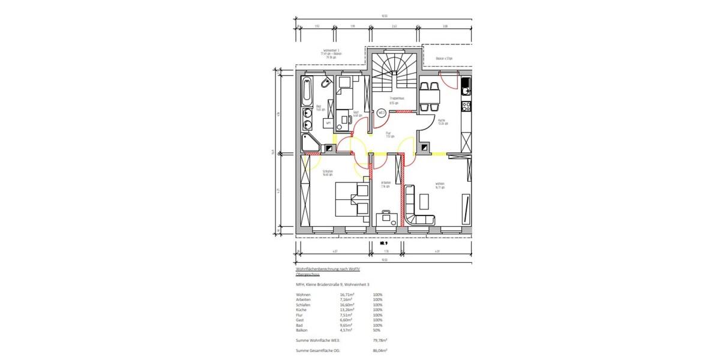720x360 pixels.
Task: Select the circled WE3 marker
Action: click(x=380, y=112)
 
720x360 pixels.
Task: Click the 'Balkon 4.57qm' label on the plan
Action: click(x=444, y=58)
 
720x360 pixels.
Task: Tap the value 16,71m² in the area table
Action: click(x=344, y=295)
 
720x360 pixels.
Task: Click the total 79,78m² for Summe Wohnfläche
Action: click(x=380, y=340)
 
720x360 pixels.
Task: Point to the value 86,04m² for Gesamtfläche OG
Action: click(x=380, y=350)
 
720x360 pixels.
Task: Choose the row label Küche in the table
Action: click(x=302, y=310)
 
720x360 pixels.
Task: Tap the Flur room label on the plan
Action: click(x=389, y=134)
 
